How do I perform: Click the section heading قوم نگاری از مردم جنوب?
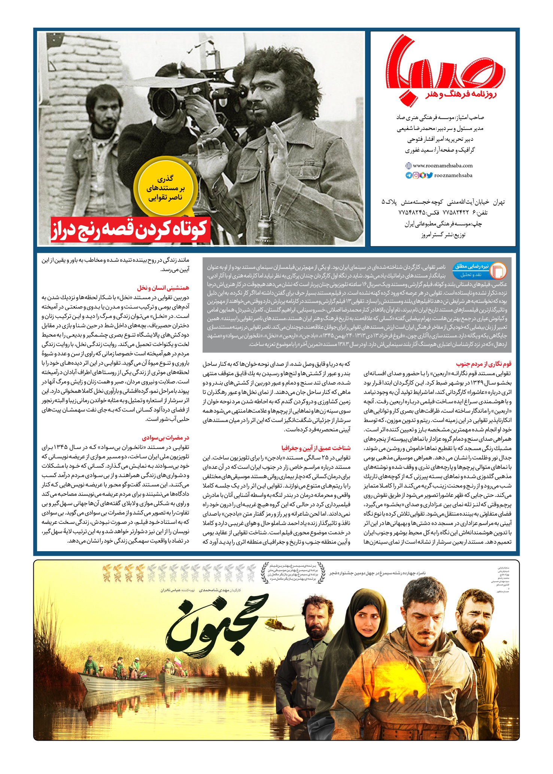coord(484,364)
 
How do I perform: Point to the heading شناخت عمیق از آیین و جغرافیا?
coord(316,448)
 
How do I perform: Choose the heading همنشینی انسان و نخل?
coord(163,288)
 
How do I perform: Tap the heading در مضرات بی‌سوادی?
coord(165,437)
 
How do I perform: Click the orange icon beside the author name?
coord(498,271)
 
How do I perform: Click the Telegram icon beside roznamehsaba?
coord(408,175)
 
